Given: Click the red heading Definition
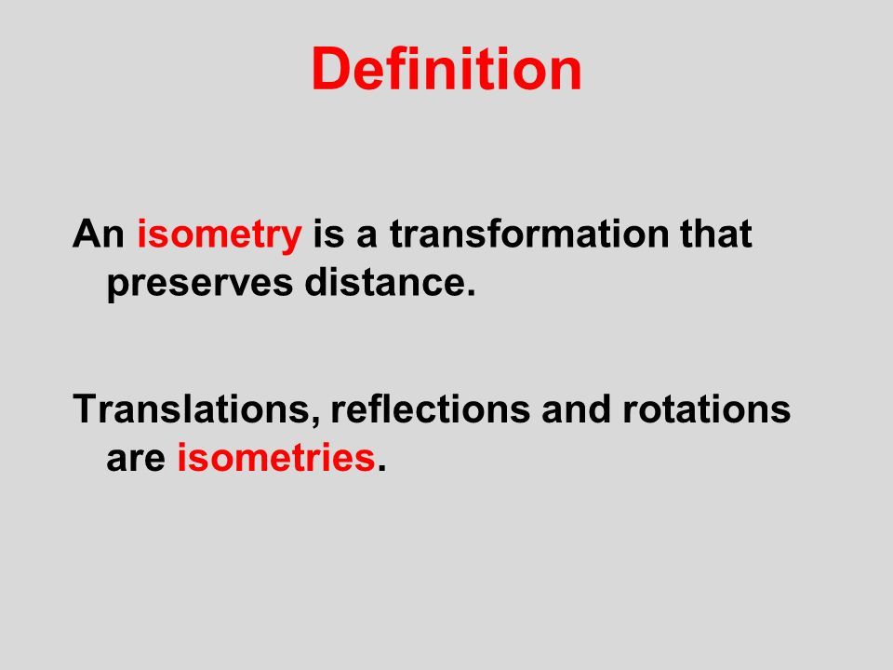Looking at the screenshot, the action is coord(446,69).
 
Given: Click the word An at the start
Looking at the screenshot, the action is coord(99,234).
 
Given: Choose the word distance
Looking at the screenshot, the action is coord(385,281).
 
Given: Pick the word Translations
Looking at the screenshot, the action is coord(192,409).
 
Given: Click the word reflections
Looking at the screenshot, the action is coord(430,409).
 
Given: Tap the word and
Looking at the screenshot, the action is coord(576,409).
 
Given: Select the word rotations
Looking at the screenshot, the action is coord(706,409).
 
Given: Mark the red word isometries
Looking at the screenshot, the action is coord(275,457).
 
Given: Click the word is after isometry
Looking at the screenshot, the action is coord(328,233).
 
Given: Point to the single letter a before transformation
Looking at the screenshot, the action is coord(367,237).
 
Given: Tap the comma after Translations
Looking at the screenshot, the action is coord(316,421).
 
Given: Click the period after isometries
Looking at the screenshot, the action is coord(381,468).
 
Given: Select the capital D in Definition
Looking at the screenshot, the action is coord(331,69).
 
